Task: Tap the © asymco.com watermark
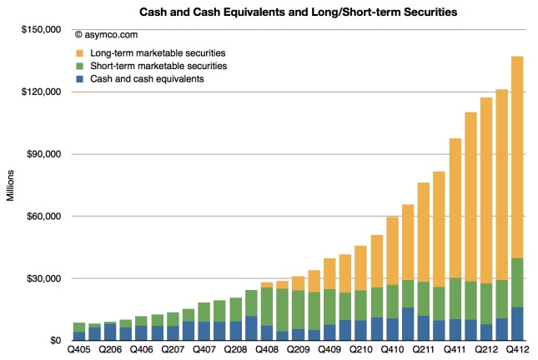tap(106, 35)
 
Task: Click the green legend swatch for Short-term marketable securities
tap(80, 65)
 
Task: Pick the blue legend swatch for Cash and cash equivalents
tap(80, 77)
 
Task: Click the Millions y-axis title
tap(10, 185)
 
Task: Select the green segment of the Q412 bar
tap(517, 283)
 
